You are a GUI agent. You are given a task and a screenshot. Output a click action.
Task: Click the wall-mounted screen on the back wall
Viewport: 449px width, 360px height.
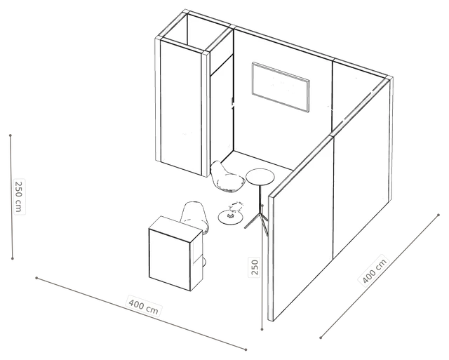[x=281, y=87]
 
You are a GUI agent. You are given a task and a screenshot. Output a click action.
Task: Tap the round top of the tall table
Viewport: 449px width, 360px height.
[x=260, y=177]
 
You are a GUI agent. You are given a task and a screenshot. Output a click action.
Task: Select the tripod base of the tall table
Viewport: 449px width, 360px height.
[x=256, y=220]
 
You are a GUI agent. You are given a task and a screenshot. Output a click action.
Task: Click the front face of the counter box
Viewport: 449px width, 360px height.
[x=170, y=260]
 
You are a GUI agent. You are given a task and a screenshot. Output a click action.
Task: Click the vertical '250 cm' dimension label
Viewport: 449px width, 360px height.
[x=19, y=196]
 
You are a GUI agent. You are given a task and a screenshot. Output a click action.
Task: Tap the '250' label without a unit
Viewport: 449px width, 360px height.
[x=255, y=267]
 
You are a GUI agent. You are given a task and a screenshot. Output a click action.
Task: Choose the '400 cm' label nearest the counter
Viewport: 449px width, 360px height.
[x=143, y=306]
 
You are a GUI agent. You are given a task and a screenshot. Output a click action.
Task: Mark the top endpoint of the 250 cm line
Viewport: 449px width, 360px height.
[x=11, y=135]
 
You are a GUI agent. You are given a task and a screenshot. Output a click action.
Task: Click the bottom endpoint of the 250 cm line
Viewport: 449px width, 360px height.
[x=13, y=259]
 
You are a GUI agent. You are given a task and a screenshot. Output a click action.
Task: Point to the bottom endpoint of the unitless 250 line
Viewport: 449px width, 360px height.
[x=262, y=330]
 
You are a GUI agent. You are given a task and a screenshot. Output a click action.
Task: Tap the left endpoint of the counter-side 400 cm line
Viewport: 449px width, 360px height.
[x=36, y=278]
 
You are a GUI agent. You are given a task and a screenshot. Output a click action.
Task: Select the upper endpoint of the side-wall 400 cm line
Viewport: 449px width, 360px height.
[x=438, y=215]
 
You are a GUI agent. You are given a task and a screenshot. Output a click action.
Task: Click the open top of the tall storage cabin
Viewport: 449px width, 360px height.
[x=196, y=32]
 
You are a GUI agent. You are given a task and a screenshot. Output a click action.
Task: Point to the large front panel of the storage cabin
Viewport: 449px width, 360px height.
[x=181, y=107]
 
